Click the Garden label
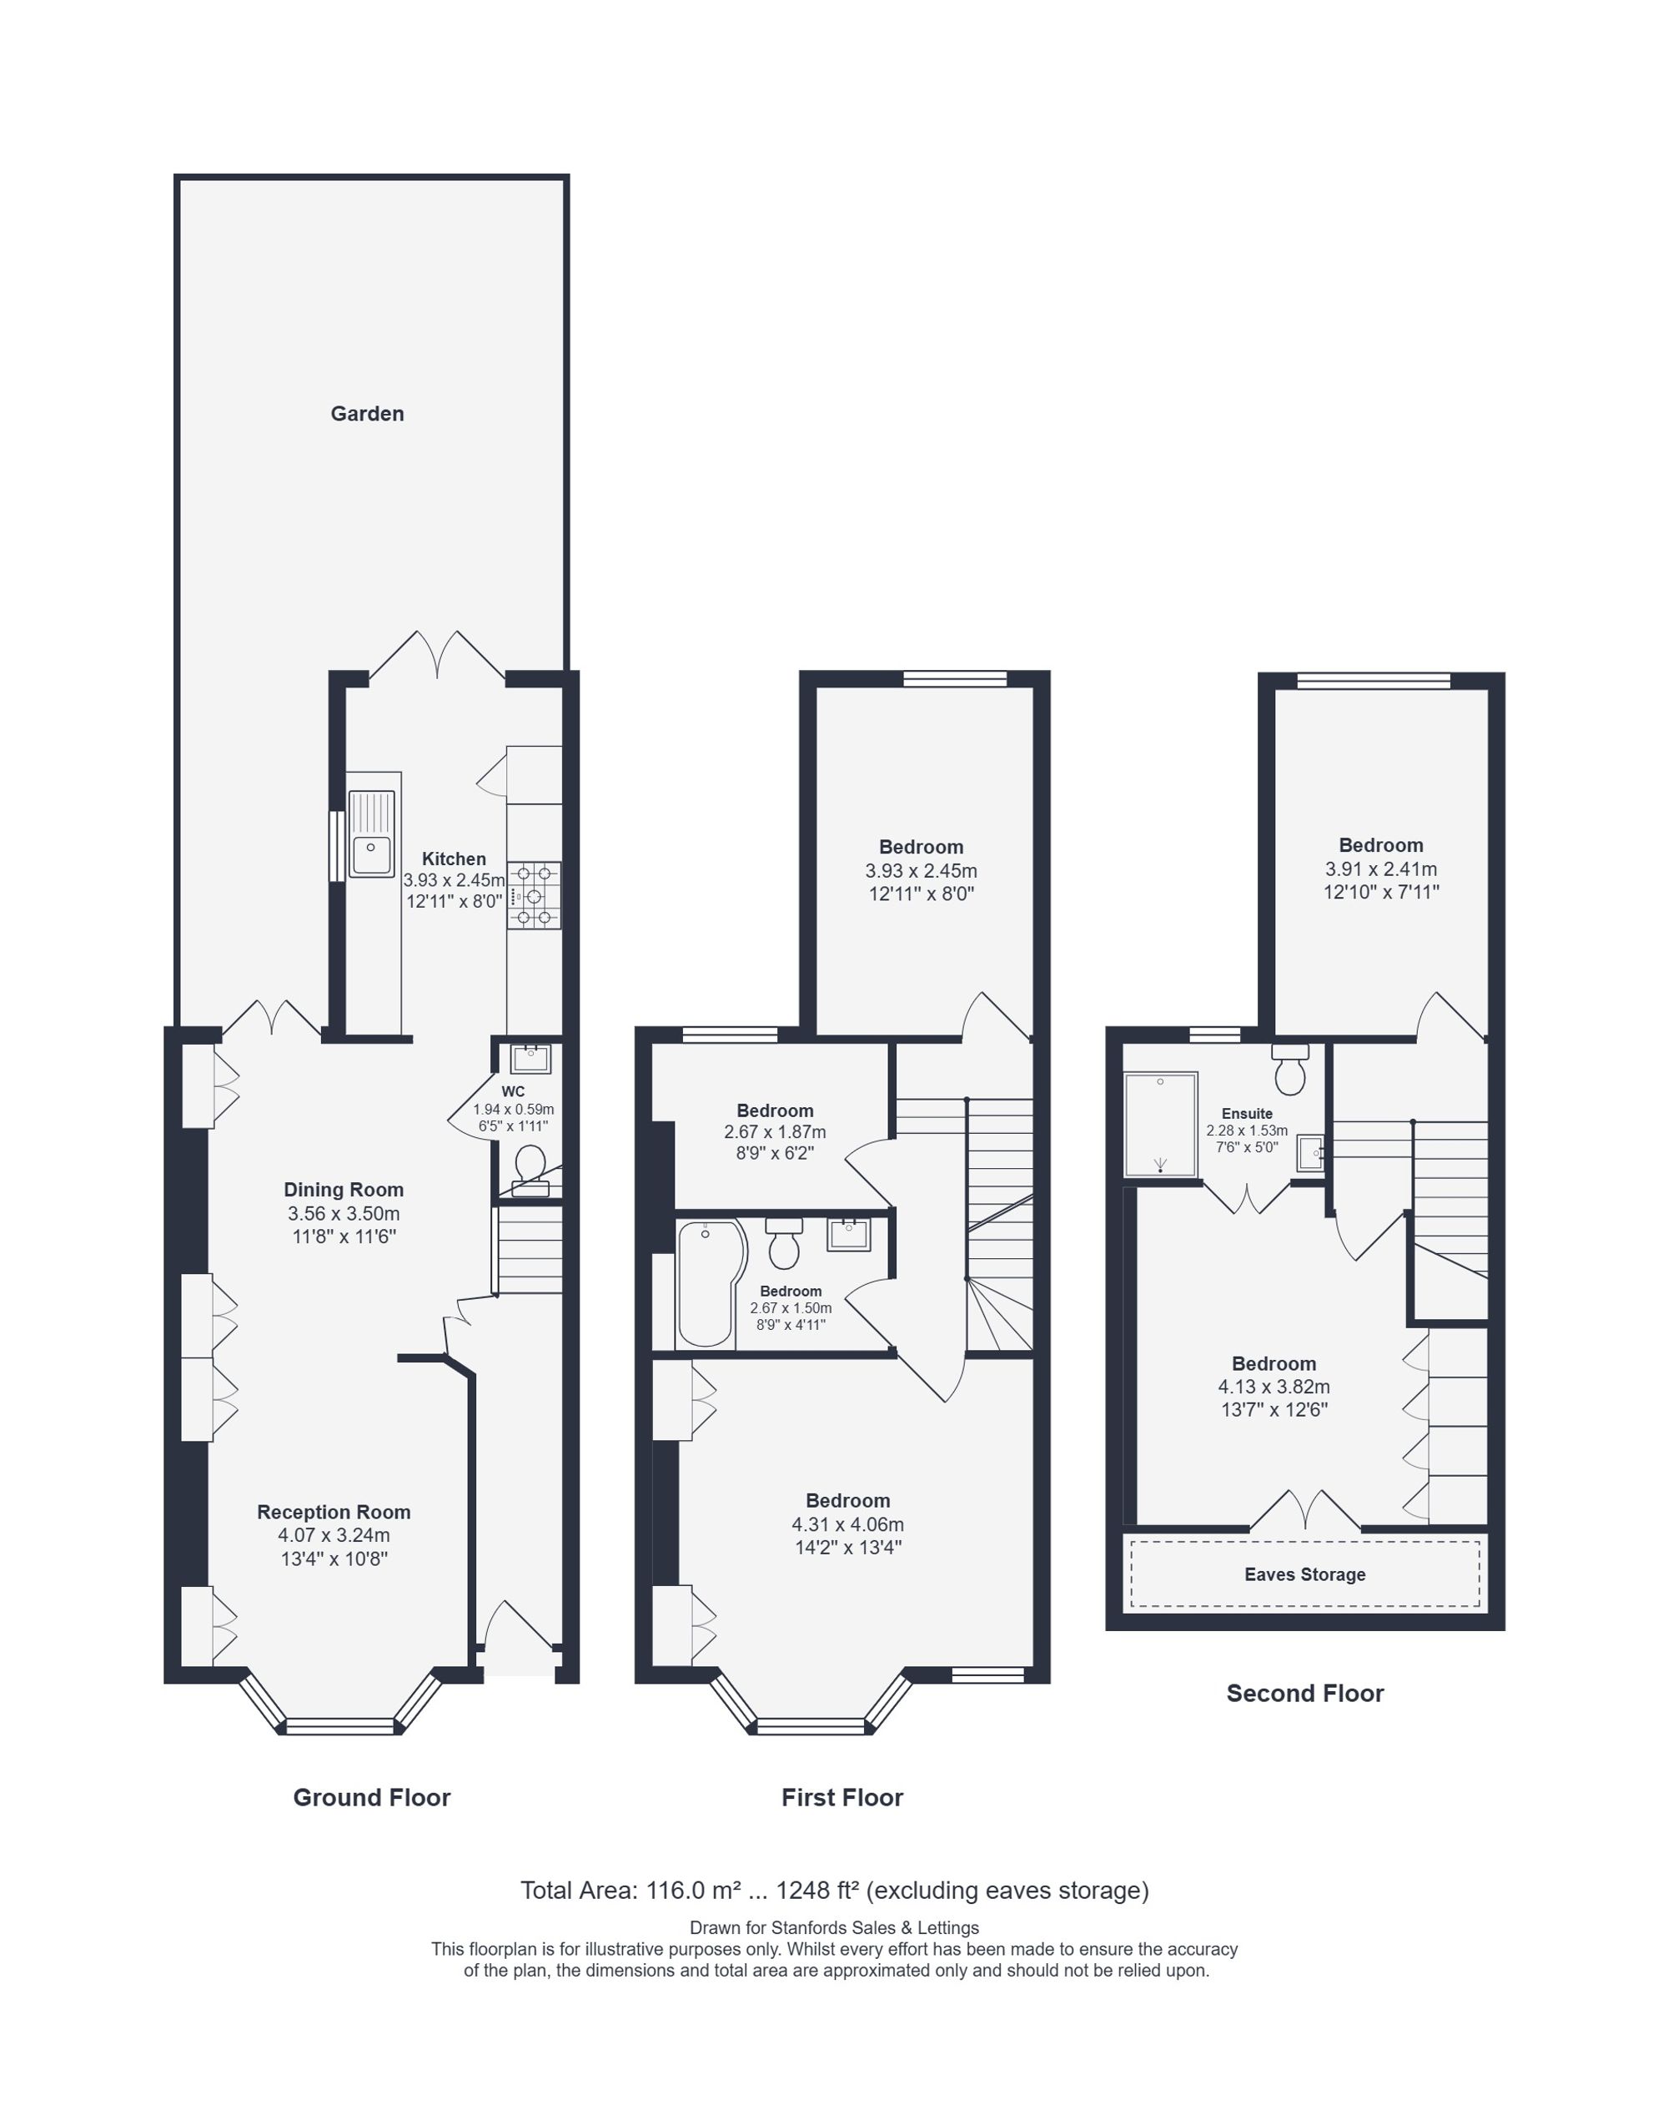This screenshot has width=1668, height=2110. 367,413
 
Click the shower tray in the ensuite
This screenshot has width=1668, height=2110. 1160,1125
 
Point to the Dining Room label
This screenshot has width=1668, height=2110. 344,1190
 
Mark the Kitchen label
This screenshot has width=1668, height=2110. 454,859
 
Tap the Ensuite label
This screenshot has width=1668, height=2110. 1247,1114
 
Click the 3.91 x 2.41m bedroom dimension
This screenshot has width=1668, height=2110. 1381,869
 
